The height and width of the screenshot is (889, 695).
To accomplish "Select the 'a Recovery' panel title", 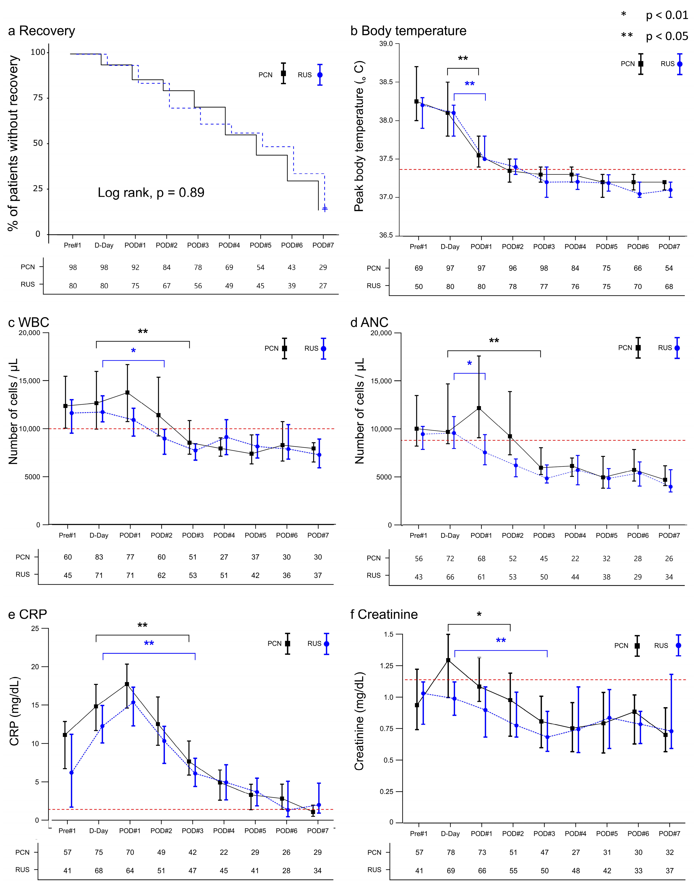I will pyautogui.click(x=42, y=31).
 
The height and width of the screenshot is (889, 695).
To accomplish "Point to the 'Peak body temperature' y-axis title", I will pyautogui.click(x=359, y=136).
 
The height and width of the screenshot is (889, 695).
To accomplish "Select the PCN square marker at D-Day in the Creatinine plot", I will pyautogui.click(x=448, y=660).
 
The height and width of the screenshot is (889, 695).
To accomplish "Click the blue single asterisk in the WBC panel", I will pyautogui.click(x=133, y=351).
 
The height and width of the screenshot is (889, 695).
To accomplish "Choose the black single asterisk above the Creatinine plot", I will pyautogui.click(x=479, y=615).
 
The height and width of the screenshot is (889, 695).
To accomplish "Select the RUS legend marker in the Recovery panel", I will pyautogui.click(x=320, y=75).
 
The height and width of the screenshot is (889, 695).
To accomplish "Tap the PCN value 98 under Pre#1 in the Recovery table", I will pyautogui.click(x=73, y=267).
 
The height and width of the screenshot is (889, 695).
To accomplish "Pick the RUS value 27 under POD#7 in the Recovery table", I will pyautogui.click(x=323, y=286).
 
